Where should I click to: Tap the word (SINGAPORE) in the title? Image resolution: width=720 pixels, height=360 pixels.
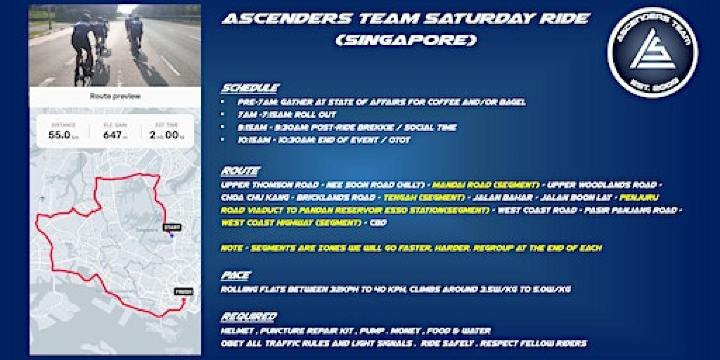pos(407,40)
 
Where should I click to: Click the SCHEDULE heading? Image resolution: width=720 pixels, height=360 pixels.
pos(251,88)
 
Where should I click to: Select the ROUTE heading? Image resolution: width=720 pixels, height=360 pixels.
pos(241,171)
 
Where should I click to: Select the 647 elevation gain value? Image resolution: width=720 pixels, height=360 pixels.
pos(111,133)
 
